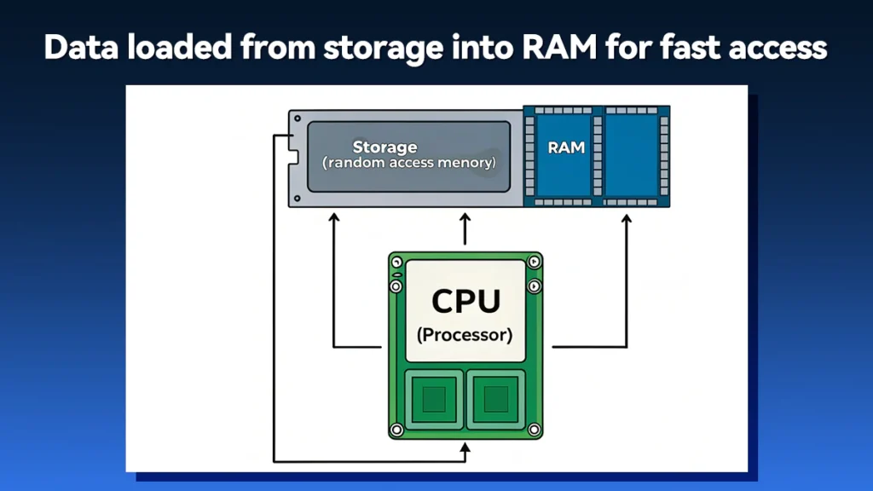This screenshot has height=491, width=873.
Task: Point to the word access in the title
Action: (774, 48)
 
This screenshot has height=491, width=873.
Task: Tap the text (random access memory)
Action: (409, 162)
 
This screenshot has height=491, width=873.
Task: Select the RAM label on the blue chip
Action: (566, 147)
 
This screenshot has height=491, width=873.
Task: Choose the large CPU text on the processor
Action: (465, 302)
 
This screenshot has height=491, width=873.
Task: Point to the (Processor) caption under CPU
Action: (465, 335)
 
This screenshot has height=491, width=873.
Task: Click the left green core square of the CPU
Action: (433, 398)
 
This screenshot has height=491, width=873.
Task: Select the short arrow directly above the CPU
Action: (465, 229)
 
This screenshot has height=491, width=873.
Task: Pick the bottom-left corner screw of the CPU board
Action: (396, 429)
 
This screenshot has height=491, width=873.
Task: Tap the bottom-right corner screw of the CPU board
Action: (534, 429)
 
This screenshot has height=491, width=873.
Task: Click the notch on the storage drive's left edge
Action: (292, 158)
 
